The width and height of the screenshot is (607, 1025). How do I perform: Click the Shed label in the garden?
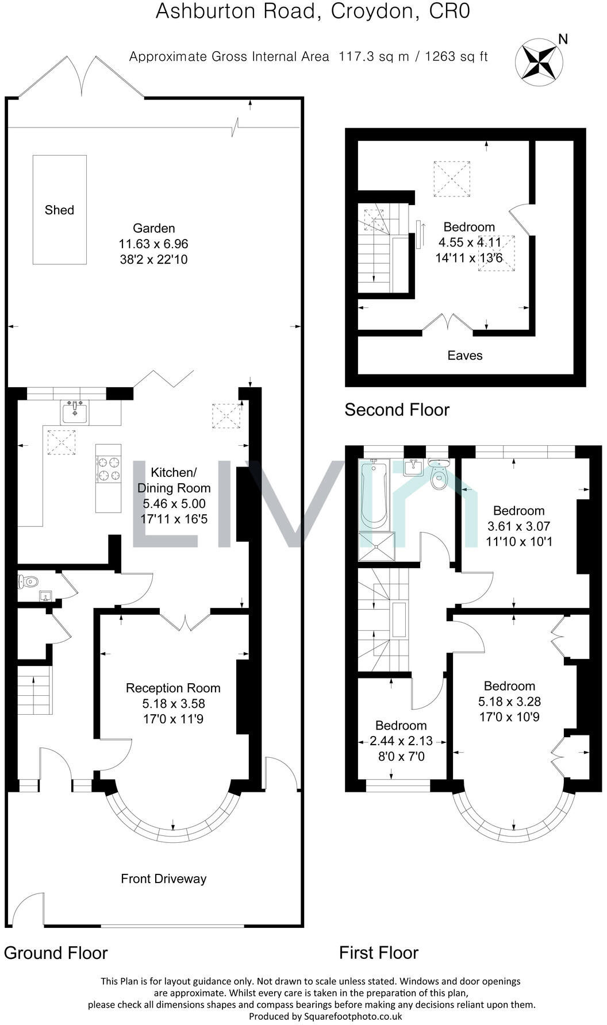(x=59, y=210)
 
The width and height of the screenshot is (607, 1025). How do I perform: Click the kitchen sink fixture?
(x=75, y=413)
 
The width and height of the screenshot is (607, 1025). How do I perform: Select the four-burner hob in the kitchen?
(x=108, y=468)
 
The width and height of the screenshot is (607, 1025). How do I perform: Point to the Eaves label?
(x=464, y=356)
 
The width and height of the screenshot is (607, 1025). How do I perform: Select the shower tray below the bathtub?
(x=377, y=546)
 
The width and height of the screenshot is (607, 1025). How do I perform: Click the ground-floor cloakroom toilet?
(x=26, y=581)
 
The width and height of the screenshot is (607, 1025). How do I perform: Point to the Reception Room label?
(x=173, y=688)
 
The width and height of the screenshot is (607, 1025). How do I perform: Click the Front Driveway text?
(x=163, y=878)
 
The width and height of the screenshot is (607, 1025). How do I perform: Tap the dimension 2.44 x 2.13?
(x=401, y=741)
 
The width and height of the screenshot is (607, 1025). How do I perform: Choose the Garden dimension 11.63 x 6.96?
(x=153, y=244)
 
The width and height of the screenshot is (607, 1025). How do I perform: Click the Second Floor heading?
(x=397, y=410)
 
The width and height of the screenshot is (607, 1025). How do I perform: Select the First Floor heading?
(x=378, y=953)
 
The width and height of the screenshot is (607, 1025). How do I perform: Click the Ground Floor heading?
(x=56, y=953)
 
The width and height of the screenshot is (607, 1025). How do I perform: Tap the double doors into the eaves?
(x=448, y=323)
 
